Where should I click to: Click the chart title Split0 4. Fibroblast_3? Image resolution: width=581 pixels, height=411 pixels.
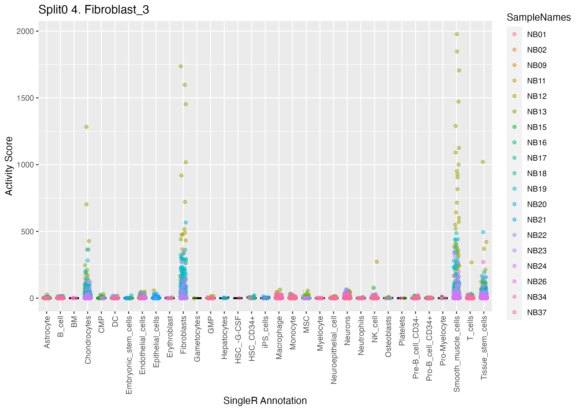pyautogui.click(x=94, y=10)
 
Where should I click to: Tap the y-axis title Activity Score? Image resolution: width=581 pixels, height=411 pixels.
pyautogui.click(x=9, y=166)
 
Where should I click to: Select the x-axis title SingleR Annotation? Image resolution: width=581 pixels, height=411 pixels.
pyautogui.click(x=265, y=401)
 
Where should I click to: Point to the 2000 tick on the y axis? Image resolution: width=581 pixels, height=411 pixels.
pyautogui.click(x=25, y=31)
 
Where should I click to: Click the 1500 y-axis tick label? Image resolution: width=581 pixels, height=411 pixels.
pyautogui.click(x=25, y=98)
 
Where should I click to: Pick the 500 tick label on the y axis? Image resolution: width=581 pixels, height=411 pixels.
pyautogui.click(x=27, y=232)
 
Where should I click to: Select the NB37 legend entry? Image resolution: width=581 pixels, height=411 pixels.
pyautogui.click(x=536, y=313)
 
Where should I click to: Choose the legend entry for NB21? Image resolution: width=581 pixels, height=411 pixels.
pyautogui.click(x=536, y=220)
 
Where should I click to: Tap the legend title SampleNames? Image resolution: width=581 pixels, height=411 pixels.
pyautogui.click(x=539, y=17)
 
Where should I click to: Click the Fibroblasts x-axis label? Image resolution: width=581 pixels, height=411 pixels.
pyautogui.click(x=183, y=335)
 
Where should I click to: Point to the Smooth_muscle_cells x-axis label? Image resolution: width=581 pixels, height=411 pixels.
pyautogui.click(x=457, y=354)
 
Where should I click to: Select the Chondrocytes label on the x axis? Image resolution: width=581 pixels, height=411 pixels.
pyautogui.click(x=88, y=340)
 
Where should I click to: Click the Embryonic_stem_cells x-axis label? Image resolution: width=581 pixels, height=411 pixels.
pyautogui.click(x=129, y=355)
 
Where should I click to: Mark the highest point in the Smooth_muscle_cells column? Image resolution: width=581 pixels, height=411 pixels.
pyautogui.click(x=457, y=34)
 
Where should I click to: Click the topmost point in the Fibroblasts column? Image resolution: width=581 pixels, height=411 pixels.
pyautogui.click(x=181, y=66)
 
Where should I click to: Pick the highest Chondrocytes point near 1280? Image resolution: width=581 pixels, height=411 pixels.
pyautogui.click(x=86, y=127)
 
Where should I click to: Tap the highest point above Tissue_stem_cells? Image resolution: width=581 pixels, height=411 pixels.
pyautogui.click(x=483, y=162)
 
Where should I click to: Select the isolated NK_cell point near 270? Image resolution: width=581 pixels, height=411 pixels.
pyautogui.click(x=377, y=262)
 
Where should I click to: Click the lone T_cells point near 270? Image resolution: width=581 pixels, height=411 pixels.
pyautogui.click(x=471, y=262)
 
